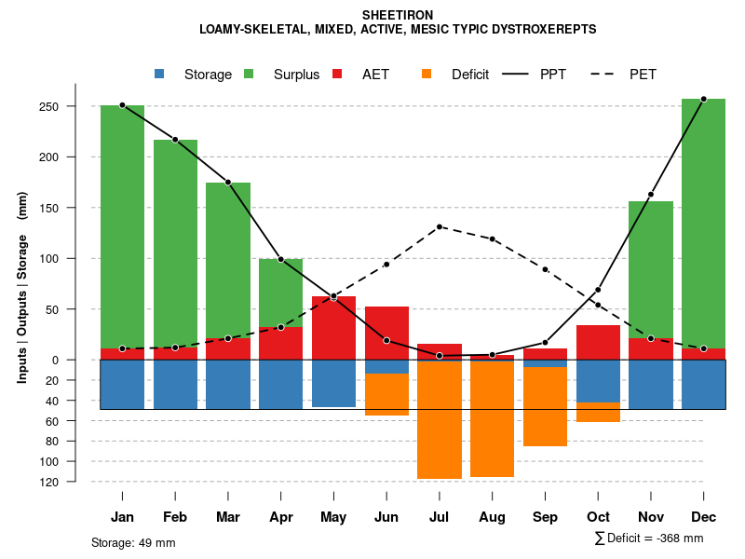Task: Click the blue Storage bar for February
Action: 175,384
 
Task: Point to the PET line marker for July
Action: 440,226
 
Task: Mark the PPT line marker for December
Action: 703,99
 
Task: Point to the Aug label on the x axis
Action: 492,517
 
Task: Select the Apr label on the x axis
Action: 280,517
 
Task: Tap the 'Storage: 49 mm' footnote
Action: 133,542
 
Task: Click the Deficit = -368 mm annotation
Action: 649,539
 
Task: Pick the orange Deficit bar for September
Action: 545,406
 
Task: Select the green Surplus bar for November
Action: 651,269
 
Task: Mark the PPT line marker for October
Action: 598,290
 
